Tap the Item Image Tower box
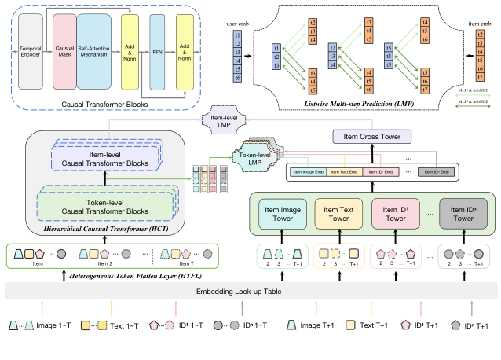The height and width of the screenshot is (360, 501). (282, 213)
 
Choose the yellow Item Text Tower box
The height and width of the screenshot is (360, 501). (339, 213)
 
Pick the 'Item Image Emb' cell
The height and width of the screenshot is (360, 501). (311, 171)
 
